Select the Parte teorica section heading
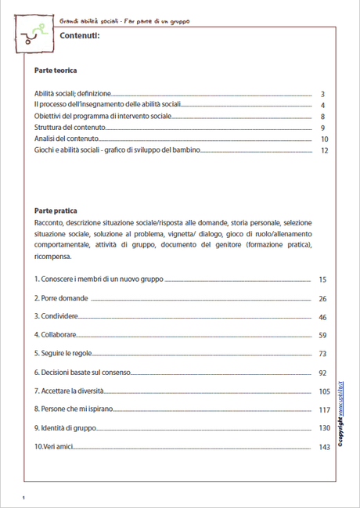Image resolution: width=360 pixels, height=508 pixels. point(56,70)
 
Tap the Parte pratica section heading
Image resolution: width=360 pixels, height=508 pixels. point(56,211)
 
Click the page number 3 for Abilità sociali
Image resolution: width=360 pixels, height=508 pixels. point(322,93)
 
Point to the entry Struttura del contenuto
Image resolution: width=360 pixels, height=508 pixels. point(70,128)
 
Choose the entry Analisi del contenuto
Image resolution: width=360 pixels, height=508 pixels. point(67,139)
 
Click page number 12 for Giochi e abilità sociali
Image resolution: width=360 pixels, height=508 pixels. point(322,150)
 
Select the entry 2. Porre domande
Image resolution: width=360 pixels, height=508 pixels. point(60,298)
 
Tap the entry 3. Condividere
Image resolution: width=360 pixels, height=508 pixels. point(56,316)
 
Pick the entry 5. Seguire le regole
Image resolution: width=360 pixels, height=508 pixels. point(63,354)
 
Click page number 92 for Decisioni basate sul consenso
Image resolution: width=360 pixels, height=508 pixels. point(322,373)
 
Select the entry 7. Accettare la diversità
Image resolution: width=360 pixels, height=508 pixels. point(71,391)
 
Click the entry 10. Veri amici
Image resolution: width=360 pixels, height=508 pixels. point(55,447)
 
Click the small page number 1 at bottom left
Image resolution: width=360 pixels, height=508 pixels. point(25,498)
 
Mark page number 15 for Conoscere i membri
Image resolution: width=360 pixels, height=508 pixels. point(322,279)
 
